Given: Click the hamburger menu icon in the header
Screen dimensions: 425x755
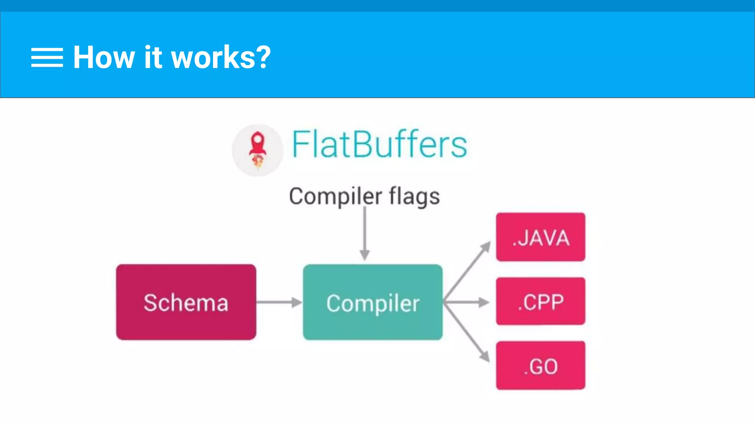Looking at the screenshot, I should coord(47,58).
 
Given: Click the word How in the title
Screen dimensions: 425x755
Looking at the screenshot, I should coord(104,58).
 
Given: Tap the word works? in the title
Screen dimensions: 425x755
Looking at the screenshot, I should coord(214,58).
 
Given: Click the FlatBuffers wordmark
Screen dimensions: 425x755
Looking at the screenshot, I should coord(380,145).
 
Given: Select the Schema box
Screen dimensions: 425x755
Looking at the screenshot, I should coord(186,302).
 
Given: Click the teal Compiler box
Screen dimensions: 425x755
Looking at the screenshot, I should coord(373,302).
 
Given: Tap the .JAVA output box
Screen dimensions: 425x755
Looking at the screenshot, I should coord(540,237).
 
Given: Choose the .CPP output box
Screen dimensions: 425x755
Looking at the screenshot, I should coord(540,301).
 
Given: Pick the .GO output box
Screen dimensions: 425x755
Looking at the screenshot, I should coord(540,366).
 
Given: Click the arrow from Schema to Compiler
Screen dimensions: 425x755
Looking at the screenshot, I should coord(279,302).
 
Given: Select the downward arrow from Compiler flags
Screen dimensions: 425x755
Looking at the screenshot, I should coord(365,234).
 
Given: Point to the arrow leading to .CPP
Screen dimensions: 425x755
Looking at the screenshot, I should coord(467,302).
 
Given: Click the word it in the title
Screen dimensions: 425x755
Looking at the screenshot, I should coord(153,58).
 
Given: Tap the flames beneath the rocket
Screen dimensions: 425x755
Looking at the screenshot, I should coord(258,161).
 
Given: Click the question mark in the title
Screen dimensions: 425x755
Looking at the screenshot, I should coord(264,58).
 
